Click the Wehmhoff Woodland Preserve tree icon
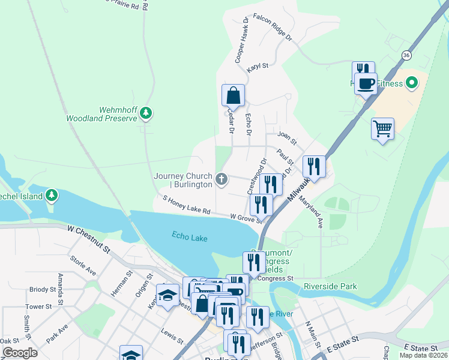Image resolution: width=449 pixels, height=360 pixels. (x=146, y=113)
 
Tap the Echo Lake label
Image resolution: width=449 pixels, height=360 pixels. (x=189, y=238)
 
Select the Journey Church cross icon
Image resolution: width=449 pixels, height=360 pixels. (x=222, y=178)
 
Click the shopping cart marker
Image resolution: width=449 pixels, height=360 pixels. (x=382, y=128)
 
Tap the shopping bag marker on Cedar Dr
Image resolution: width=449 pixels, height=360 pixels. (x=233, y=96)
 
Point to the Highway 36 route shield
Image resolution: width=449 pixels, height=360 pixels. (x=407, y=55)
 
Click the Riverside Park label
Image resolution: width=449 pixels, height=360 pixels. (x=330, y=286)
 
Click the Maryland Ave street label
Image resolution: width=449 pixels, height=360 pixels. (x=312, y=213)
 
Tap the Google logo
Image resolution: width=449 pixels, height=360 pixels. (x=20, y=352)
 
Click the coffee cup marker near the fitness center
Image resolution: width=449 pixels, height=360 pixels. (x=365, y=83)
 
